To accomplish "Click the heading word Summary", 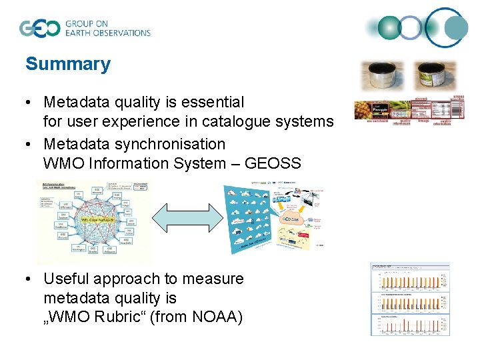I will click(x=67, y=65).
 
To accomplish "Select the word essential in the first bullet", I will click(x=213, y=103).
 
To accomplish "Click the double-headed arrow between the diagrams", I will click(x=187, y=217).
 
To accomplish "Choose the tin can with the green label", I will click(x=437, y=76).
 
